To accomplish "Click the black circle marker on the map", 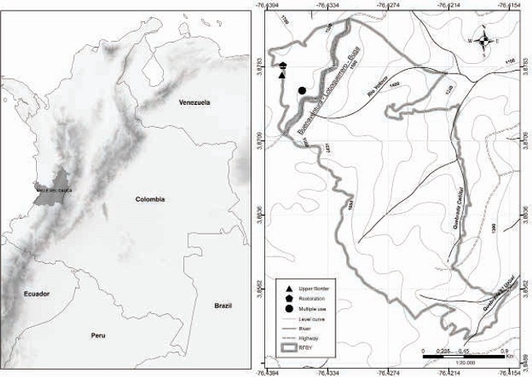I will point(302,90).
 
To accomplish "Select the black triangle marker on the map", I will point(282,75).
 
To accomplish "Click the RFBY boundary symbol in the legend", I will point(290,344).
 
